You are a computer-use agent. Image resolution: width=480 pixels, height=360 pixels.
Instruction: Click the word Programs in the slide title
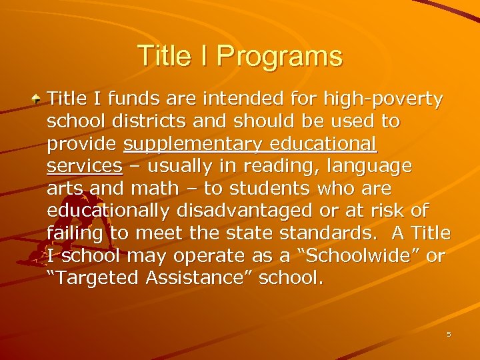point(279,56)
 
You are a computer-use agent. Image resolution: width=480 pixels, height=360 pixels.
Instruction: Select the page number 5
point(449,333)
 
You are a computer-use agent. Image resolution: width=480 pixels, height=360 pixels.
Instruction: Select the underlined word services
point(85,167)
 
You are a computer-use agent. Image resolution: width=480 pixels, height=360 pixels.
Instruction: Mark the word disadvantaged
point(247,211)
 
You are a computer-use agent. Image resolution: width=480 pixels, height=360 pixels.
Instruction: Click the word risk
point(389,211)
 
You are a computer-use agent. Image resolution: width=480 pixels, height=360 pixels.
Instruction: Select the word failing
point(75,234)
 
